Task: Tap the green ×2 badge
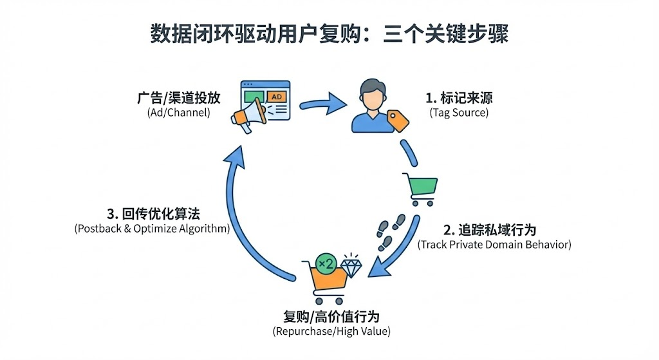tap(326, 264)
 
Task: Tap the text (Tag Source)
tap(459, 113)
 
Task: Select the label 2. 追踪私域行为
tap(490, 230)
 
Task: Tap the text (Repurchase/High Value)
tap(331, 332)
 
